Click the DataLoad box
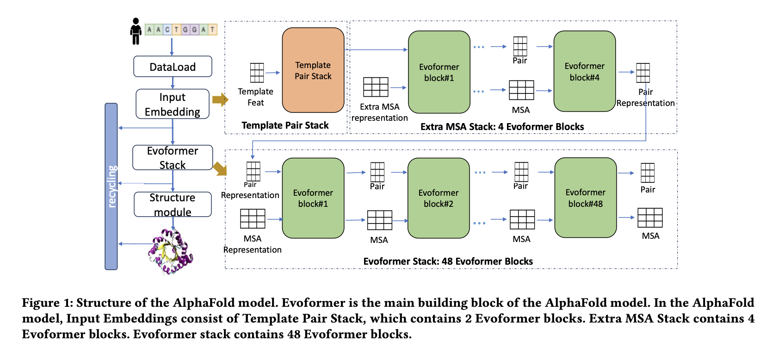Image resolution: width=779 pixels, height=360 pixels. coord(173,67)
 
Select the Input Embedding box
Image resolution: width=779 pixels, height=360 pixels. coord(173,104)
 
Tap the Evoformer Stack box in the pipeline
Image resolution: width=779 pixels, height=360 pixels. coord(173,158)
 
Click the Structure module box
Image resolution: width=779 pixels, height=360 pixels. coord(173,205)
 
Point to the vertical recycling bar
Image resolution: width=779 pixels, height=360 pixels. coord(111,186)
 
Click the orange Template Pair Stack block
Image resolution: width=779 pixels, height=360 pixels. coord(313,70)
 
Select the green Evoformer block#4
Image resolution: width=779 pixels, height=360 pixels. coord(584,71)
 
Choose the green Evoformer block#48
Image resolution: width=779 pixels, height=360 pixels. coord(585,198)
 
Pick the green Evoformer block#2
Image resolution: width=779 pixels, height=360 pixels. coord(438,198)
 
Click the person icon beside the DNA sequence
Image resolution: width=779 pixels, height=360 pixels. coord(136,31)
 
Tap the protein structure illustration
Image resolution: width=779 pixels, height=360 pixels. coord(170,252)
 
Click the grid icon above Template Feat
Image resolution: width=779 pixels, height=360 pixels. coord(257,73)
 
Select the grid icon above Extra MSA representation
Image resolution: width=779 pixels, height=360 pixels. coord(376,87)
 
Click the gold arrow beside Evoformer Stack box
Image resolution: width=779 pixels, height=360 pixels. coord(220,169)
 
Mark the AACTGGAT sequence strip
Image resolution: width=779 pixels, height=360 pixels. coord(181,30)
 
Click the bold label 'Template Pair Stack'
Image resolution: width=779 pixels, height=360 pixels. coord(285,125)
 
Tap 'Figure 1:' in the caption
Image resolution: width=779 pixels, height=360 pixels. coord(48,303)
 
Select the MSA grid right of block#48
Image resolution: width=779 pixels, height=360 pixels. coord(650,217)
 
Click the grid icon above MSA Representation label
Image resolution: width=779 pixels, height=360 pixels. coord(253,218)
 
